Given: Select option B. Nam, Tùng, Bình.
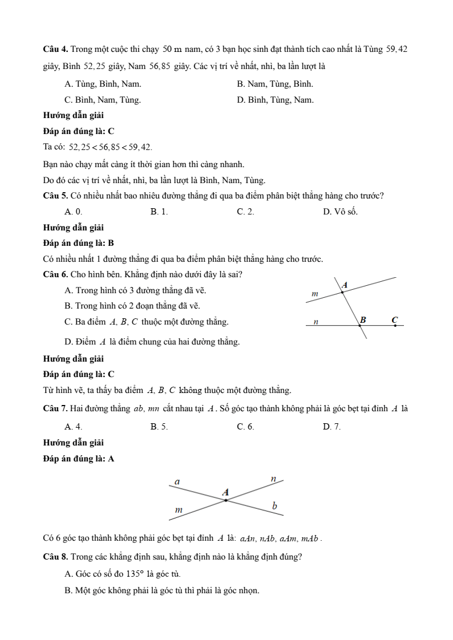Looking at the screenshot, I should [x=274, y=84].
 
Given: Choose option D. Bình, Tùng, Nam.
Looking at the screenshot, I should [x=275, y=100].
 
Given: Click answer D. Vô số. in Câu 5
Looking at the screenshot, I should [x=340, y=212].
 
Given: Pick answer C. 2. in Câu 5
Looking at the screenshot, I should [x=245, y=212].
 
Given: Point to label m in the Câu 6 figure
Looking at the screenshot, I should [x=314, y=293].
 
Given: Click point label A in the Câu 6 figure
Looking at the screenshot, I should [x=345, y=284].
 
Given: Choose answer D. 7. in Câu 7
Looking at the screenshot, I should [x=331, y=426].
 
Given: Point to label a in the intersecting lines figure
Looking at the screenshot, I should [x=177, y=482].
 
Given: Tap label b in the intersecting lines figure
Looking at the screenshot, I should [x=274, y=505].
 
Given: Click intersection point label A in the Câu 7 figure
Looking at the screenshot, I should [x=225, y=492].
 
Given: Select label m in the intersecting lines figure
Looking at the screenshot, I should [x=178, y=509].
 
